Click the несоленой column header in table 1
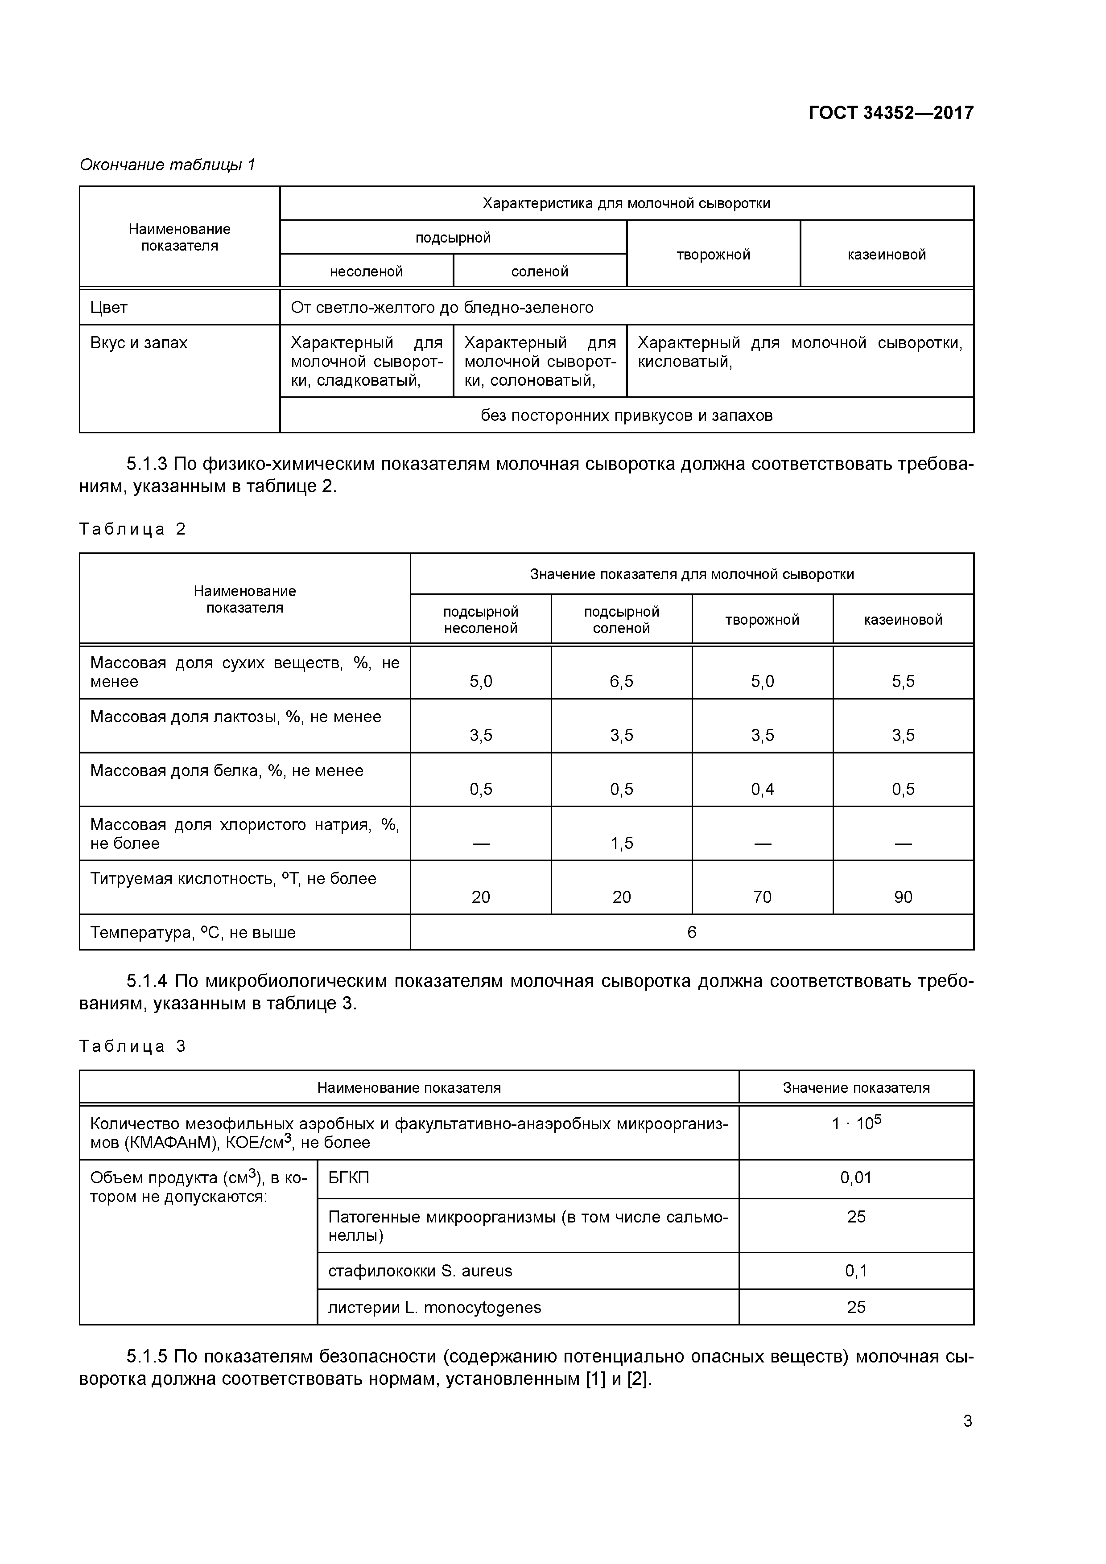tap(366, 272)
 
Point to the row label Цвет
tap(109, 308)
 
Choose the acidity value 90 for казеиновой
tap(903, 897)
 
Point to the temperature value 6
tap(692, 933)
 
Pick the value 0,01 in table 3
tap(856, 1178)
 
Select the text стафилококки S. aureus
tap(420, 1271)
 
